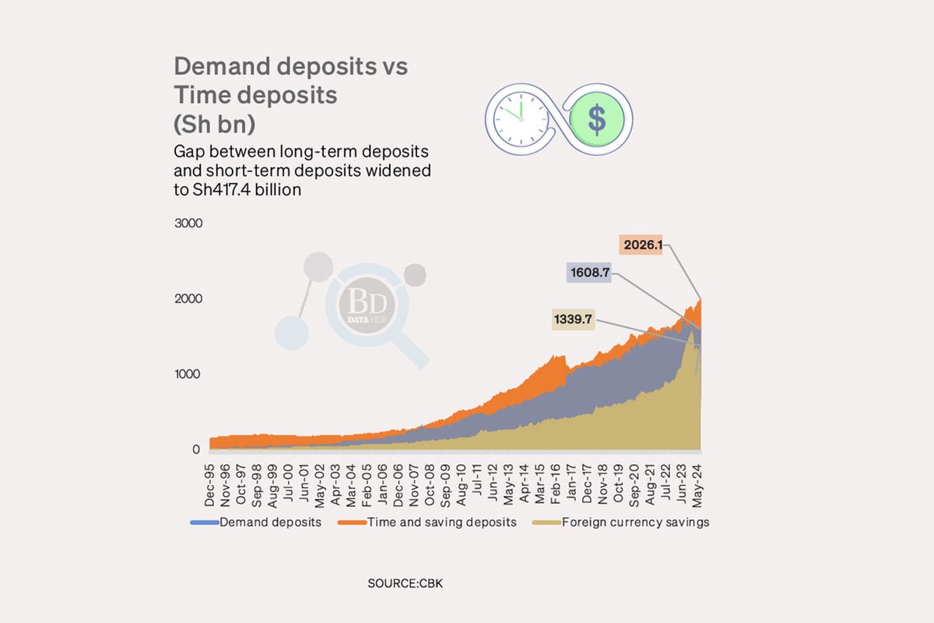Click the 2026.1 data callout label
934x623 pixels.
[x=643, y=245]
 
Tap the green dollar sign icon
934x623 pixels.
[x=595, y=119]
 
